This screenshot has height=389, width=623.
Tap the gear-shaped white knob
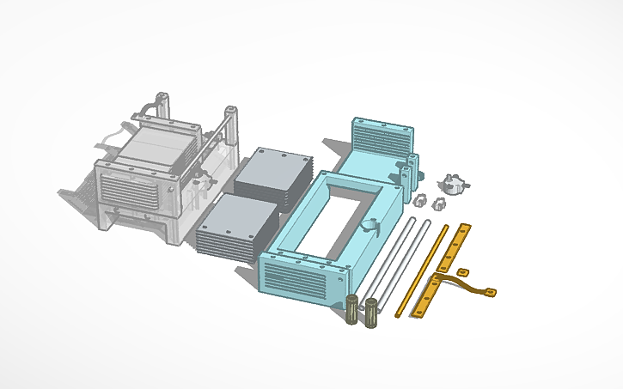click(x=453, y=183)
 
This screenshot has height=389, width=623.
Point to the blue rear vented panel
click(x=382, y=137)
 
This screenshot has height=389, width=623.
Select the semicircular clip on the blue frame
click(x=370, y=226)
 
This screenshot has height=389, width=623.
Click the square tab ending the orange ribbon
click(x=489, y=292)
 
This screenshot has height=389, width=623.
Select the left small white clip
click(x=420, y=199)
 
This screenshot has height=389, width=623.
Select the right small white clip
click(x=439, y=203)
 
